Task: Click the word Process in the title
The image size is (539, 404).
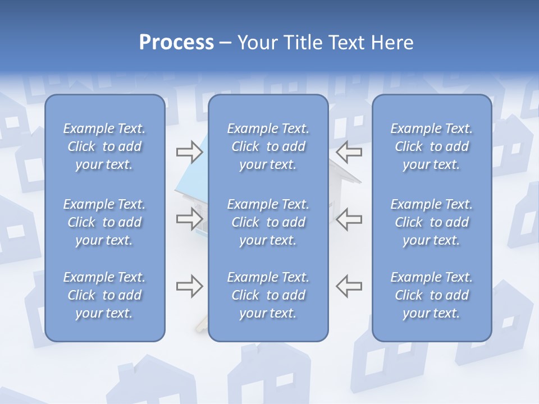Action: click(x=176, y=43)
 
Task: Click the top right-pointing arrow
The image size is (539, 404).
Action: click(x=189, y=151)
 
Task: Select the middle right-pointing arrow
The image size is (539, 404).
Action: click(x=189, y=219)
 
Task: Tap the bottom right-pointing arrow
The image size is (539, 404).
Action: click(x=189, y=286)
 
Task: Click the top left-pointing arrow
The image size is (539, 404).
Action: click(x=349, y=151)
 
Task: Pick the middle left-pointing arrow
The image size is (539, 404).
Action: click(x=349, y=219)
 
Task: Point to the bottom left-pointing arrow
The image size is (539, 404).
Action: click(x=349, y=286)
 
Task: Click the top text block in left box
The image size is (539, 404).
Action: click(x=104, y=146)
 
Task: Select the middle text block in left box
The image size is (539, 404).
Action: click(x=104, y=222)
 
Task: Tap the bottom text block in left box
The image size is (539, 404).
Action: click(x=104, y=295)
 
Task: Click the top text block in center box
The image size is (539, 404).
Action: click(x=268, y=146)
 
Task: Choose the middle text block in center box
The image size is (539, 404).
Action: click(x=268, y=222)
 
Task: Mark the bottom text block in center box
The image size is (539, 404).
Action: click(x=268, y=295)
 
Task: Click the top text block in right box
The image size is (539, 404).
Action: click(x=431, y=146)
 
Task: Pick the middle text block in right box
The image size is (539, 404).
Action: click(x=431, y=222)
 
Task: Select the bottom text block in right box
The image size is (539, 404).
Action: click(x=431, y=295)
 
